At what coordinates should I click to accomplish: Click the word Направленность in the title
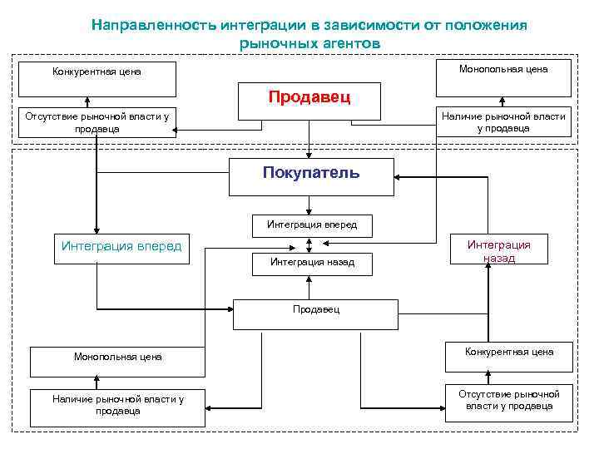click(x=155, y=25)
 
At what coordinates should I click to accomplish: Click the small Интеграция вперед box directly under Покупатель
click(x=311, y=224)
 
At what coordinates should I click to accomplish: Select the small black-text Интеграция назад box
click(x=311, y=263)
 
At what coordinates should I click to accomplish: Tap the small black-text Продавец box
click(x=315, y=311)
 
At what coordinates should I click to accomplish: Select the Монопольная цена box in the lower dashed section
click(x=117, y=358)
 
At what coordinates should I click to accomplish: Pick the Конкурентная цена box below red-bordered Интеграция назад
click(x=509, y=353)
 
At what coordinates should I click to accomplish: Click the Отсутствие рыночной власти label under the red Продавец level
click(x=97, y=123)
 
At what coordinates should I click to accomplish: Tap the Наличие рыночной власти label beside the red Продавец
click(x=503, y=122)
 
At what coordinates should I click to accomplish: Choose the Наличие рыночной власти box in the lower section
click(x=117, y=405)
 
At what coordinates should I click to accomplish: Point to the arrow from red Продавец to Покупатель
click(x=309, y=138)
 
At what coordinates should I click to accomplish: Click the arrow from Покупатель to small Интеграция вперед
click(x=309, y=205)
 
